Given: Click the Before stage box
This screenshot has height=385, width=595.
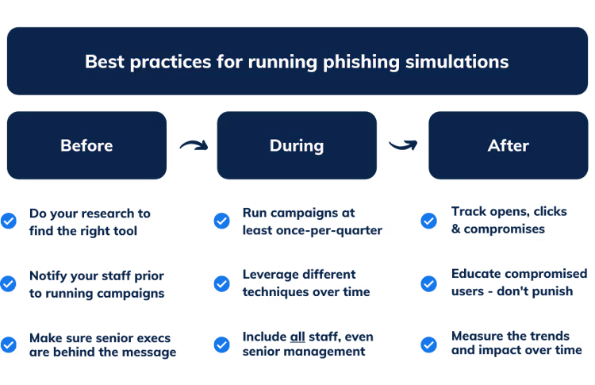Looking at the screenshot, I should tap(86, 145).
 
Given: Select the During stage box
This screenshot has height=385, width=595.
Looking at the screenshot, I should tap(297, 145).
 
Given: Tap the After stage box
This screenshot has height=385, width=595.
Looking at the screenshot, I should tap(508, 145).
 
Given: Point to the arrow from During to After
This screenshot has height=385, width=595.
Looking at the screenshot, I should tap(401, 144).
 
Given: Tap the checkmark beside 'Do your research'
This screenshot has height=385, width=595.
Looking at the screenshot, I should tap(9, 221).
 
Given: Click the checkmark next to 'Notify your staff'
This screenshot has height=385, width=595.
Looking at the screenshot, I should tap(9, 283).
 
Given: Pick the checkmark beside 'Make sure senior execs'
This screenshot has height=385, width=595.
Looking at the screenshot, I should tap(9, 345).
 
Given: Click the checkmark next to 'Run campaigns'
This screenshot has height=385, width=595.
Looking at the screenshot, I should tap(222, 221).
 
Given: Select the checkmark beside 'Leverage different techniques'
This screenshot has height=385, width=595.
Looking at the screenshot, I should tap(222, 283).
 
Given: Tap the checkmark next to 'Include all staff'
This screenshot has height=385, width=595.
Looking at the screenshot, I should tap(222, 345).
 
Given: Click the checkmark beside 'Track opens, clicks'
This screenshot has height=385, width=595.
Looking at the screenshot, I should tap(428, 221).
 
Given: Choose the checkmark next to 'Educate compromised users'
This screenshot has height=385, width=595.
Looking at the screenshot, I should tap(428, 283).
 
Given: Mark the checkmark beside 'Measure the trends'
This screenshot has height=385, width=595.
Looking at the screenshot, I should tap(428, 345).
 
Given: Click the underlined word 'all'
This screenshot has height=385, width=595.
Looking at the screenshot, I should tap(297, 337).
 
